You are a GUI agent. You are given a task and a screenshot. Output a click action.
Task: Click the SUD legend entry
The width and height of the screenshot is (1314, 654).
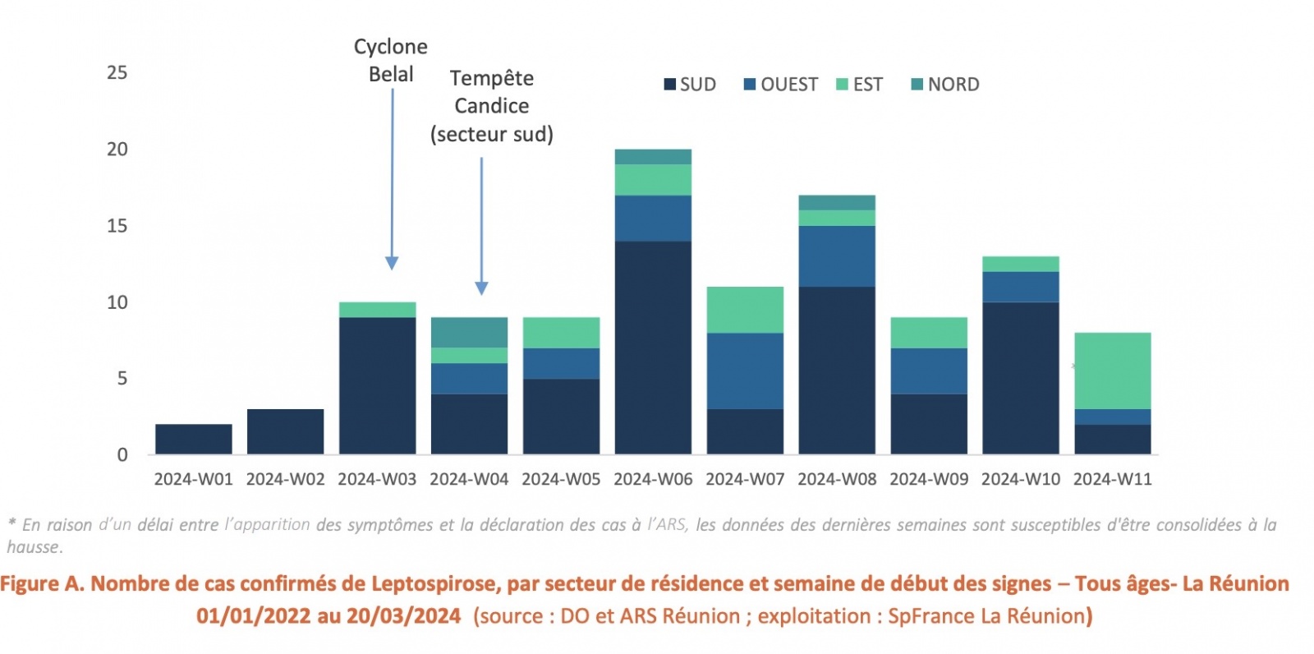point(690,85)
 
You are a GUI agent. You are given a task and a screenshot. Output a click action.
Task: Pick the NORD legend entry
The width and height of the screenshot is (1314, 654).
point(945,85)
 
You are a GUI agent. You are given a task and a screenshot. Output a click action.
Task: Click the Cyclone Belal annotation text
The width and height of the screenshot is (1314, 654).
point(391,60)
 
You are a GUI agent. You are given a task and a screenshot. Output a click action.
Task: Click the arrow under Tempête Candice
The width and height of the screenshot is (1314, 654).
point(481,226)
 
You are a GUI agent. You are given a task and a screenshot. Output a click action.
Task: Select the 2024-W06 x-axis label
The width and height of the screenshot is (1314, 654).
point(653,479)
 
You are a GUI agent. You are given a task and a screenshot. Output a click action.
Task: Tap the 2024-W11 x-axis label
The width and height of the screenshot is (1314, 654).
point(1112,479)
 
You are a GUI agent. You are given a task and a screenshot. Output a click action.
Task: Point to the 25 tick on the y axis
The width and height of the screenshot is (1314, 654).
point(117,73)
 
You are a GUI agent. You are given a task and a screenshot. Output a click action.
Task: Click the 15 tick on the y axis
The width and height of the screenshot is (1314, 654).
point(117,226)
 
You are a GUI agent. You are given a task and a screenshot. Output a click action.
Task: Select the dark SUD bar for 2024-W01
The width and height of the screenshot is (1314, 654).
point(194,440)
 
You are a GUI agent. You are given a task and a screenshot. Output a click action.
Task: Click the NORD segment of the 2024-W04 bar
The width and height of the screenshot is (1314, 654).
point(469,333)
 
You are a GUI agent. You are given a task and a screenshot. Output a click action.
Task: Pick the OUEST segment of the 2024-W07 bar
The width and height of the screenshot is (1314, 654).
point(745,371)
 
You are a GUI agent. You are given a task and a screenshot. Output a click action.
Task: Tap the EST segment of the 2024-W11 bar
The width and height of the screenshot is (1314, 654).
point(1112,371)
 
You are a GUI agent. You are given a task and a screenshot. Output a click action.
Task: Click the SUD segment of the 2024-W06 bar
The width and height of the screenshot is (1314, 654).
point(653,348)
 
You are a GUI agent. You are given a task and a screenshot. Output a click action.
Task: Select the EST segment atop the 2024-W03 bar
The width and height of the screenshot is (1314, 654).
point(377,310)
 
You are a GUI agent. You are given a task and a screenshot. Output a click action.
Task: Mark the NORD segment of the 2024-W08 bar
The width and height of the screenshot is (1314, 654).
point(837,203)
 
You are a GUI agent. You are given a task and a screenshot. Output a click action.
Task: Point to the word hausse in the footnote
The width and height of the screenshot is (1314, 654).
point(33,547)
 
